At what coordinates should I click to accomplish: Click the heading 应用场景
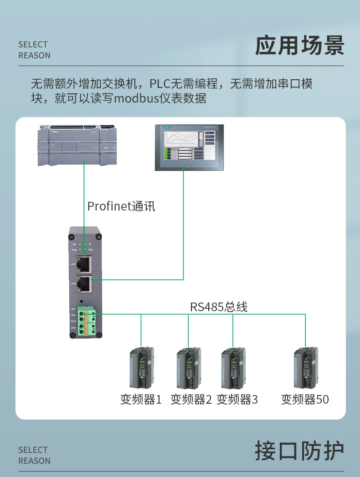(x=299, y=46)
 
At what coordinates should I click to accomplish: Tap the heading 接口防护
(x=299, y=451)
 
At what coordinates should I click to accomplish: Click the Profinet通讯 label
(x=121, y=206)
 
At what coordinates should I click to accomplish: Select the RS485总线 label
(x=219, y=307)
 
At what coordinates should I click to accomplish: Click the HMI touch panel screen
(x=189, y=147)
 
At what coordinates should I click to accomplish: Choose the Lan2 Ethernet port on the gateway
(x=84, y=284)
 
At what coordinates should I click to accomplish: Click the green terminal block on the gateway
(x=86, y=322)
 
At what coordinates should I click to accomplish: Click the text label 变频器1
(x=141, y=400)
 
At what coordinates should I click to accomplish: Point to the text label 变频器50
(x=305, y=400)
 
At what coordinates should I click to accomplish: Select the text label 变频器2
(x=191, y=400)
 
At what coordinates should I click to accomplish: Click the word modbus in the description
(x=132, y=98)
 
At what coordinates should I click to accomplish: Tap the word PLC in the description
(x=159, y=83)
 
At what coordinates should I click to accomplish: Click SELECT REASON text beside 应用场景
(x=34, y=50)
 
